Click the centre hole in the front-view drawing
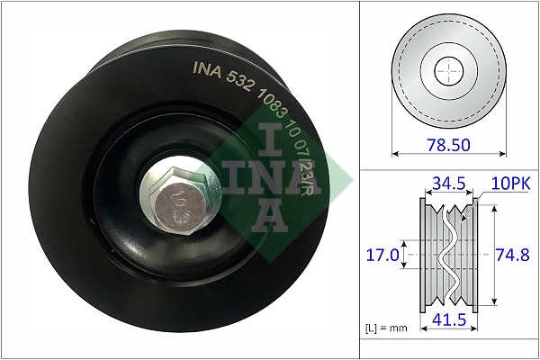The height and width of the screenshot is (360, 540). [446, 70]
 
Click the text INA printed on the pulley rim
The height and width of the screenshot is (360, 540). [207, 67]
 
